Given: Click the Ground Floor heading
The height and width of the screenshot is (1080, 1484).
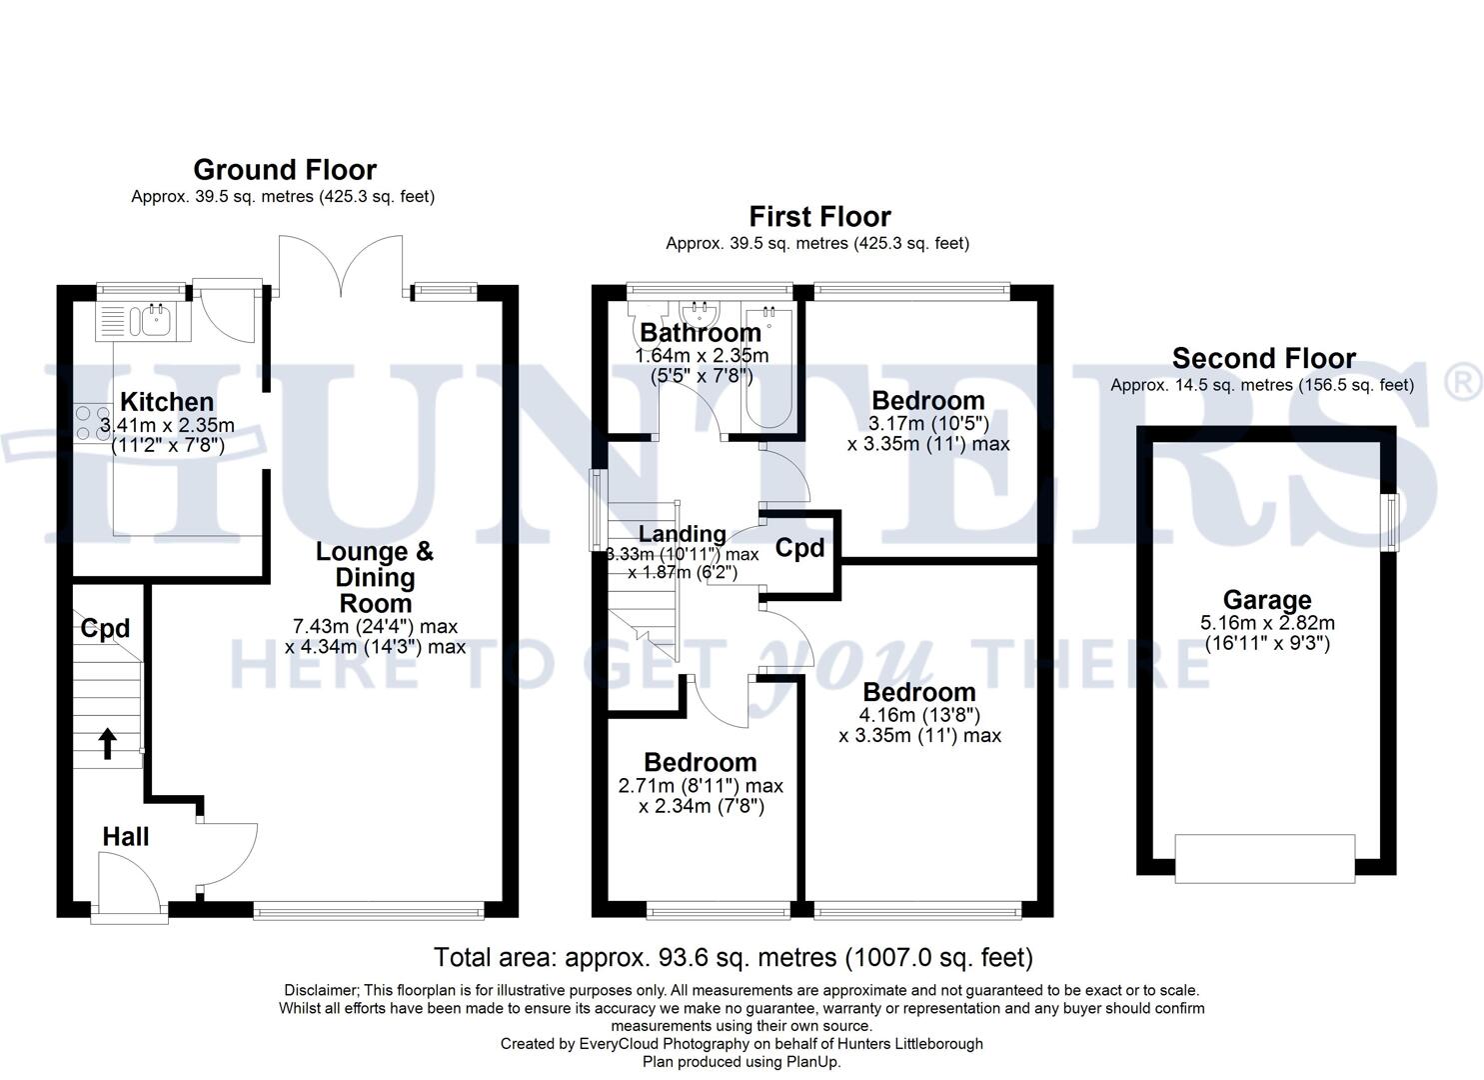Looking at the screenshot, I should pos(284,170).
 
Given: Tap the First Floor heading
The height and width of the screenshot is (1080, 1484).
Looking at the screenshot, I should pos(819,217).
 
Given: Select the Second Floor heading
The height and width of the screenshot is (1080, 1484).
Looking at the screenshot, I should pos(1263,359).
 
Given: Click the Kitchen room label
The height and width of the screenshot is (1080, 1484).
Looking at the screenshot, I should pos(167,402).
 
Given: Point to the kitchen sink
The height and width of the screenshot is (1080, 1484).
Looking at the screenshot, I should pos(155,320).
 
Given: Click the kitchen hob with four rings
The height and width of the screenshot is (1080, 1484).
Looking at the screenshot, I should pos(92,421).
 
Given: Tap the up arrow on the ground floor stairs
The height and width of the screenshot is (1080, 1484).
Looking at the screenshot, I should pos(106,744).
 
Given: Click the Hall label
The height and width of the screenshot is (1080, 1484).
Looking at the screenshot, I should pos(126,837).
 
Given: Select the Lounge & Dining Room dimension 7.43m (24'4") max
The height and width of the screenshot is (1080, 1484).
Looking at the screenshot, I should pos(375,627).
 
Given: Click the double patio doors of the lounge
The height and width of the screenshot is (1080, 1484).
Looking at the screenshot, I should pos(341,265).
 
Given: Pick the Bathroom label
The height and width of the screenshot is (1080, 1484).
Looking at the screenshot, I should pos(701,333).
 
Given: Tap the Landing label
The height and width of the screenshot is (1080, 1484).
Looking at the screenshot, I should pos(682,534).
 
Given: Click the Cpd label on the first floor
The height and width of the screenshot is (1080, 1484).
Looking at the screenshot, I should pos(800,548).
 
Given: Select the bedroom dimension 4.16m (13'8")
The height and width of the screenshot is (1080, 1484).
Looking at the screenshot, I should pos(919,715).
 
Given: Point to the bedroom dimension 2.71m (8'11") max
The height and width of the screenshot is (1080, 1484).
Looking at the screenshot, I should pos(701,786).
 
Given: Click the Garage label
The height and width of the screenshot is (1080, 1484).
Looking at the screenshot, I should pos(1266,600).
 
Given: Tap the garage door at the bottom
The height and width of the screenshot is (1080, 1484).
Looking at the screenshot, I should pos(1264,859).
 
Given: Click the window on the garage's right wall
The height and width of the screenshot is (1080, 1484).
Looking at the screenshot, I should pos(1389,521).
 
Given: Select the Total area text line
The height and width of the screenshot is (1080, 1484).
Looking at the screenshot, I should pos(733,958).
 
